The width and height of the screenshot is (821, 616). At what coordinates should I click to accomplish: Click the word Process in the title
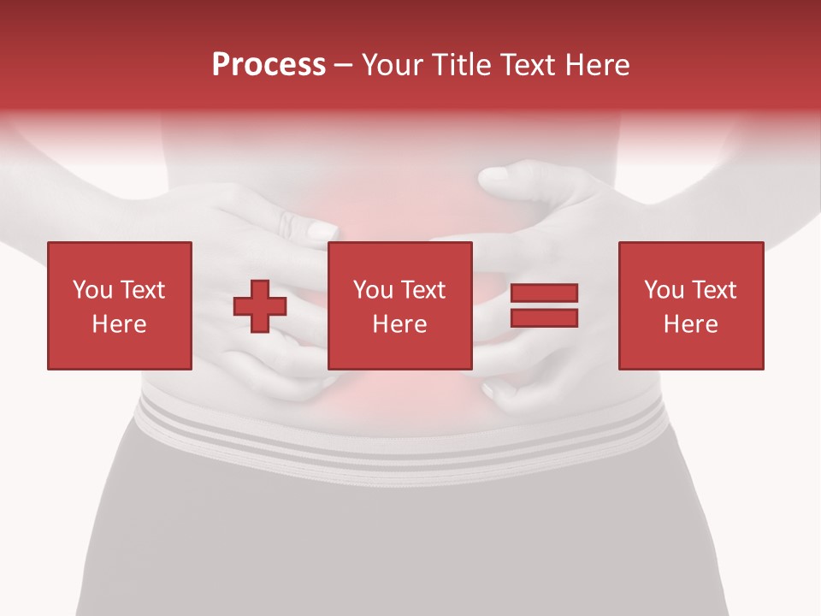click(x=269, y=65)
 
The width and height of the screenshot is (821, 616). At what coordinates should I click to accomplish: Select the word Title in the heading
click(x=458, y=65)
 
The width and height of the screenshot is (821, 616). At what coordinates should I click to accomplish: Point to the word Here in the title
click(x=596, y=65)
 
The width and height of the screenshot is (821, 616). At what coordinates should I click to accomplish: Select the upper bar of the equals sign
click(x=544, y=293)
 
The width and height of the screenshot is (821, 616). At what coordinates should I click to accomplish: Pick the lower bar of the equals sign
click(x=544, y=317)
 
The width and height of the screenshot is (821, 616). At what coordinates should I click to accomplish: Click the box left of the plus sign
click(x=119, y=305)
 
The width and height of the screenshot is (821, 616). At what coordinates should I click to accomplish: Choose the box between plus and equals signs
click(x=399, y=305)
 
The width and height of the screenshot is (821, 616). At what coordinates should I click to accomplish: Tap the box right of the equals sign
click(x=690, y=305)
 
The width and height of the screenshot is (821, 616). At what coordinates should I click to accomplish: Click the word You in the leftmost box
click(x=92, y=290)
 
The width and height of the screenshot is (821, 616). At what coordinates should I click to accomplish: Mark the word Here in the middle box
click(x=399, y=324)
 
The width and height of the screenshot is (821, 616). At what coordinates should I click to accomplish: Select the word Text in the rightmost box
click(x=712, y=290)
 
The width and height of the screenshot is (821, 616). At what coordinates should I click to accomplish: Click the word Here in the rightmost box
click(x=690, y=324)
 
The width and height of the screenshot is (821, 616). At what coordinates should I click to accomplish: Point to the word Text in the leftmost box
click(x=141, y=290)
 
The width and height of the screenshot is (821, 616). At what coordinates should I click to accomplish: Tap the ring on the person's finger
click(x=286, y=224)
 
